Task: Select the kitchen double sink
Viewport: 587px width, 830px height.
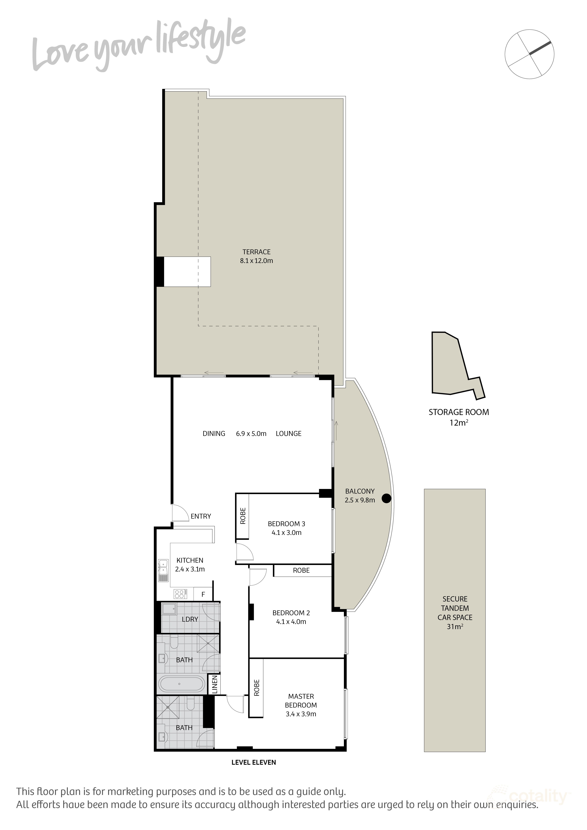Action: tap(163, 570)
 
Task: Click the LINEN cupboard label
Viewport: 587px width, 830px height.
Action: tap(215, 684)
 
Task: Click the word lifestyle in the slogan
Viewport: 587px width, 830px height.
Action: tap(201, 43)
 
